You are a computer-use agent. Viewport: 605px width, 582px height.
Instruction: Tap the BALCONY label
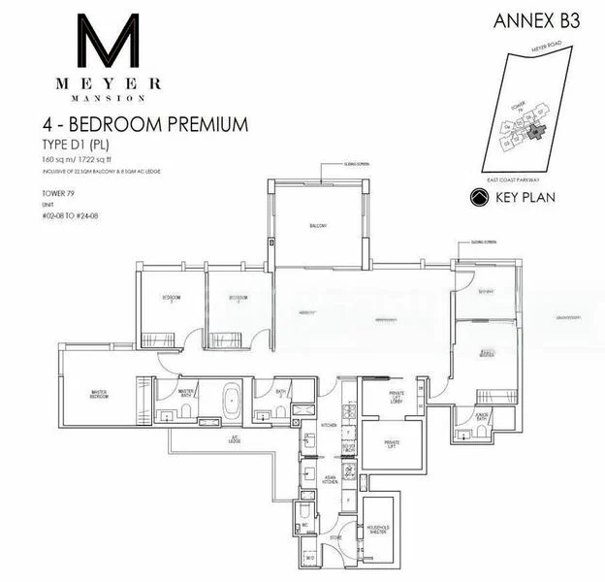(318, 226)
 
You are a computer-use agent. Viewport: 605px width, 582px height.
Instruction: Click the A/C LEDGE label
(235, 437)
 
